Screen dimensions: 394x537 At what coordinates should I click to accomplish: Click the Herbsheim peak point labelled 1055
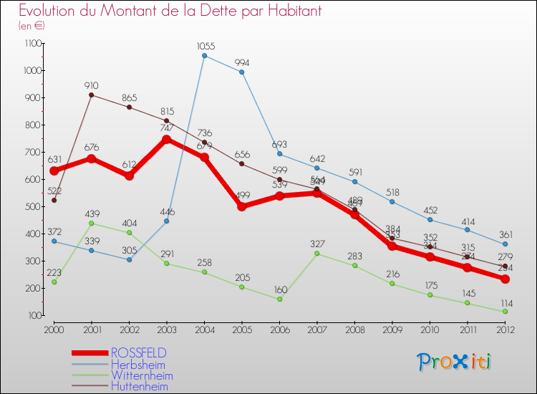(x=204, y=55)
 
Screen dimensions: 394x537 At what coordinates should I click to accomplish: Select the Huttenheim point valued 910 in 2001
(x=92, y=95)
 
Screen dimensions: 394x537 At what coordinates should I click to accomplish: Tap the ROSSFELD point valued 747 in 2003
(x=167, y=139)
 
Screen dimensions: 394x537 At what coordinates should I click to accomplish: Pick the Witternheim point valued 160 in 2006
(x=279, y=299)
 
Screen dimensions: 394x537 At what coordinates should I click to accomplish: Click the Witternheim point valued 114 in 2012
(x=505, y=312)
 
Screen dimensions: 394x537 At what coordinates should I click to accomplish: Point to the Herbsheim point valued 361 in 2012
(x=505, y=244)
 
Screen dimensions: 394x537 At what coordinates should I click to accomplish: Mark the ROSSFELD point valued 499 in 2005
(x=242, y=206)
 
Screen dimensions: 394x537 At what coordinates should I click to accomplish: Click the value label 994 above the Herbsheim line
(x=242, y=62)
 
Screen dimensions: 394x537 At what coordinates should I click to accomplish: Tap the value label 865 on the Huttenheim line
(x=130, y=97)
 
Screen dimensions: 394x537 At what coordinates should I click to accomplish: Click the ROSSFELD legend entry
(x=138, y=352)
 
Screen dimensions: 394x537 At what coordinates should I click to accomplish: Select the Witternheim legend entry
(x=141, y=375)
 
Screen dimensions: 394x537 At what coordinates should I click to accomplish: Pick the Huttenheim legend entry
(x=140, y=387)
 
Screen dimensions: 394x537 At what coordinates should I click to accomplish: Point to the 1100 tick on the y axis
(x=33, y=44)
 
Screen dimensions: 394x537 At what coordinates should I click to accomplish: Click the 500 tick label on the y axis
(x=33, y=206)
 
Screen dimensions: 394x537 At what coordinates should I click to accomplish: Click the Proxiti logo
(x=455, y=362)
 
